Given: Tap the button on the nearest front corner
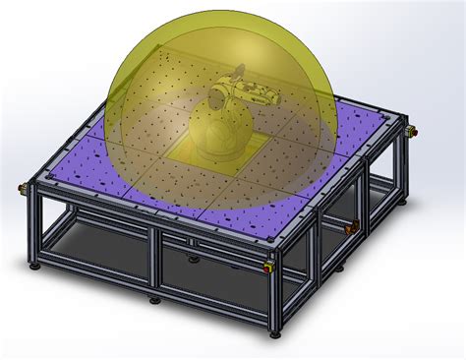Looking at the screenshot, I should coord(271,265).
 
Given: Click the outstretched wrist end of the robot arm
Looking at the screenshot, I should coord(274,97).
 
